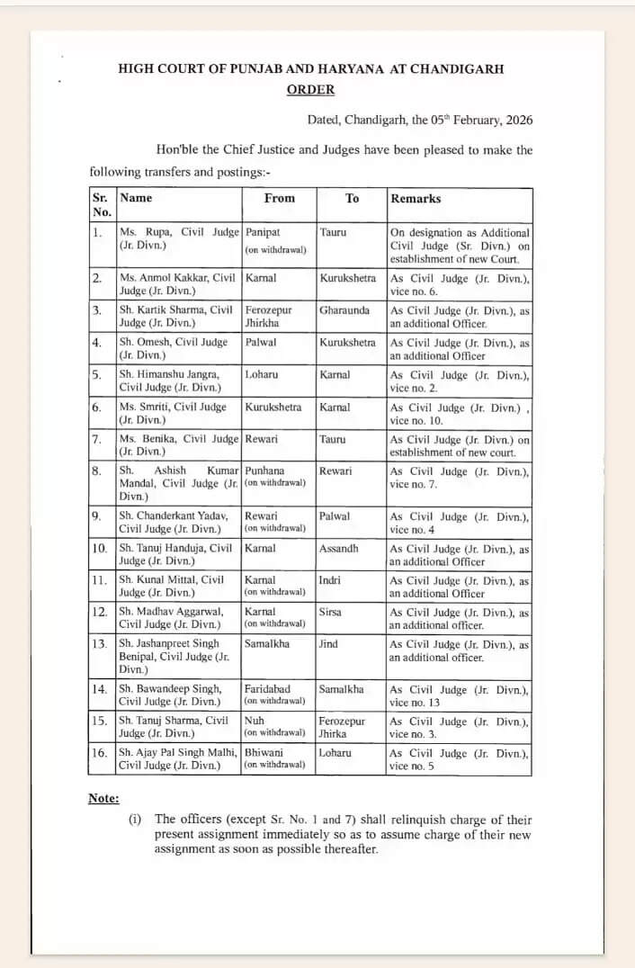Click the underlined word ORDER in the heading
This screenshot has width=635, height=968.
click(310, 89)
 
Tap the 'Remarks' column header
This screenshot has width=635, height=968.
click(416, 198)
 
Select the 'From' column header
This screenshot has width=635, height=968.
click(279, 198)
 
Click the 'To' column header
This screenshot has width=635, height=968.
click(352, 198)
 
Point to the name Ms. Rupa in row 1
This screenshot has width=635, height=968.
click(144, 232)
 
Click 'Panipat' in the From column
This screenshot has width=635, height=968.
click(263, 232)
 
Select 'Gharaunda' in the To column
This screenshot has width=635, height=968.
click(345, 310)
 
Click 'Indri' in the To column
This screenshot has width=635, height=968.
click(330, 580)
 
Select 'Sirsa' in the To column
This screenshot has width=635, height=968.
click(332, 612)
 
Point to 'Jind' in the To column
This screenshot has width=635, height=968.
click(328, 644)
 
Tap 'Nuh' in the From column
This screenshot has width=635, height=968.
click(255, 721)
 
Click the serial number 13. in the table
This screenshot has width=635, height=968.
click(100, 644)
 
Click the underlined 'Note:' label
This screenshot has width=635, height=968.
click(103, 799)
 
